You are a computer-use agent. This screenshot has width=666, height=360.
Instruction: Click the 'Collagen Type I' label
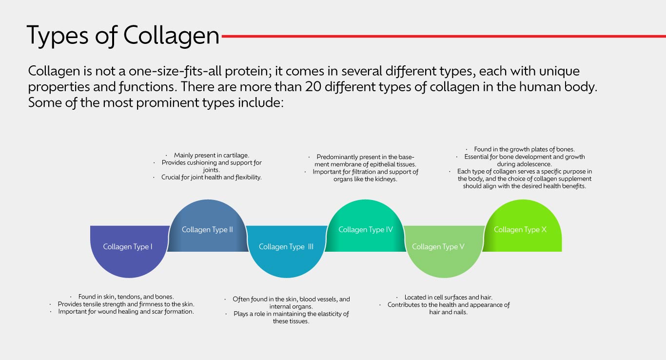click(128, 247)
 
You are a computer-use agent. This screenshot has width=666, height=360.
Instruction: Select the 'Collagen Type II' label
click(207, 230)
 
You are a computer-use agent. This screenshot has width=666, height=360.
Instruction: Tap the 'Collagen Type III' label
click(286, 247)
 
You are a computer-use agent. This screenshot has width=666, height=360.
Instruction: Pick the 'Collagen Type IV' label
click(366, 230)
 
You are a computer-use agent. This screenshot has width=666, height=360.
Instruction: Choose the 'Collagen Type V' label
click(438, 247)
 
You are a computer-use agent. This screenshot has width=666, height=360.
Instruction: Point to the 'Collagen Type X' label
click(520, 230)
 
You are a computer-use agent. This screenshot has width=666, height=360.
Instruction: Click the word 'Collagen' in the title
click(171, 36)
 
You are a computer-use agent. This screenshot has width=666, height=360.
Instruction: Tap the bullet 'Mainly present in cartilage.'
click(212, 155)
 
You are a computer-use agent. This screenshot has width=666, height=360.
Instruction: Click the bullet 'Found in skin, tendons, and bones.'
click(126, 297)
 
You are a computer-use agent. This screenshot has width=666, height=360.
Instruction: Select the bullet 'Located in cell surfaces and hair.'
click(448, 297)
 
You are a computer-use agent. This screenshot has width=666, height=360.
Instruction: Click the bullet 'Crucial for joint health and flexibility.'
click(212, 178)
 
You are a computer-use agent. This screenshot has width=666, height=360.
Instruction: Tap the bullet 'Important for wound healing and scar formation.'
click(126, 311)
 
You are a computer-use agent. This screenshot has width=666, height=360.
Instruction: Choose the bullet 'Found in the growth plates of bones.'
click(524, 149)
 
